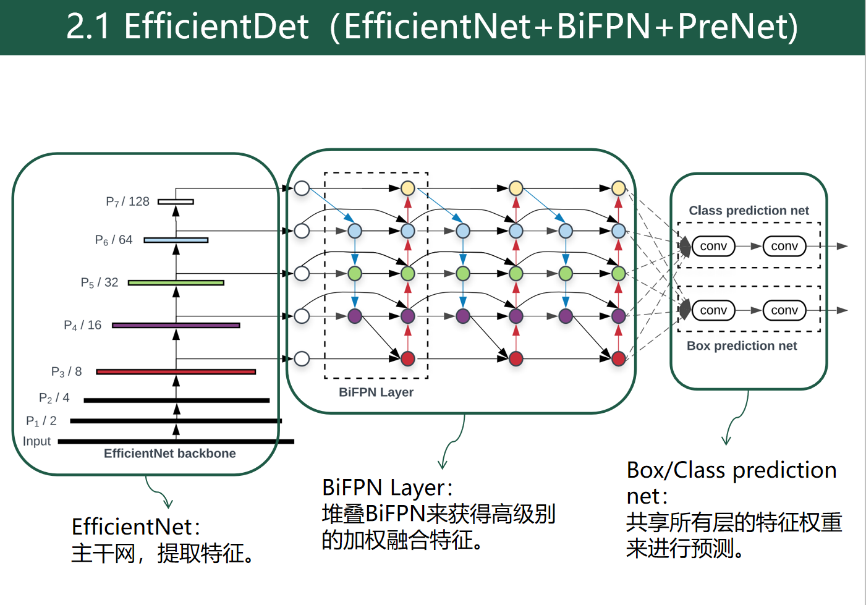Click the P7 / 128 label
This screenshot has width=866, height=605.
[x=127, y=201]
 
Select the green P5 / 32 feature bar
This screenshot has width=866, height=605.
[x=176, y=282]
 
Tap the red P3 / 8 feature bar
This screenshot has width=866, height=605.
[x=176, y=371]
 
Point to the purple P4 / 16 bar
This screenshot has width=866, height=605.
[x=176, y=325]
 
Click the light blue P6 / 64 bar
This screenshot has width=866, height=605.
[x=176, y=240]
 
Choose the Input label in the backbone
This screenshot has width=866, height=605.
[x=36, y=441]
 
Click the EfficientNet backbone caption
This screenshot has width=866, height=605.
[x=169, y=454]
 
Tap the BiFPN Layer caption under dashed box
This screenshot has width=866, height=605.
[x=376, y=392]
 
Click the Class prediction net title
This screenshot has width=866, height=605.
[x=749, y=211]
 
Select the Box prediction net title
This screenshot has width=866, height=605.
[x=742, y=346]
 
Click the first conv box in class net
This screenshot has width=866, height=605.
[x=713, y=246]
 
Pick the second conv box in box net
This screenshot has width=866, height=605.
[x=784, y=310]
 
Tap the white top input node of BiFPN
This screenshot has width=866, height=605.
[x=302, y=188]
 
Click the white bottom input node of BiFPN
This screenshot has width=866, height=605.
[x=302, y=358]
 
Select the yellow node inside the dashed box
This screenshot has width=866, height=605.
[x=408, y=188]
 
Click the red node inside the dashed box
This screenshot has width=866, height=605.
[x=408, y=358]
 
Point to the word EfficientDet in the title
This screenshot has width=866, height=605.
[x=216, y=27]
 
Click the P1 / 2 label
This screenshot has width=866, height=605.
[x=41, y=421]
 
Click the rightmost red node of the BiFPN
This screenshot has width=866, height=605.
[x=619, y=358]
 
